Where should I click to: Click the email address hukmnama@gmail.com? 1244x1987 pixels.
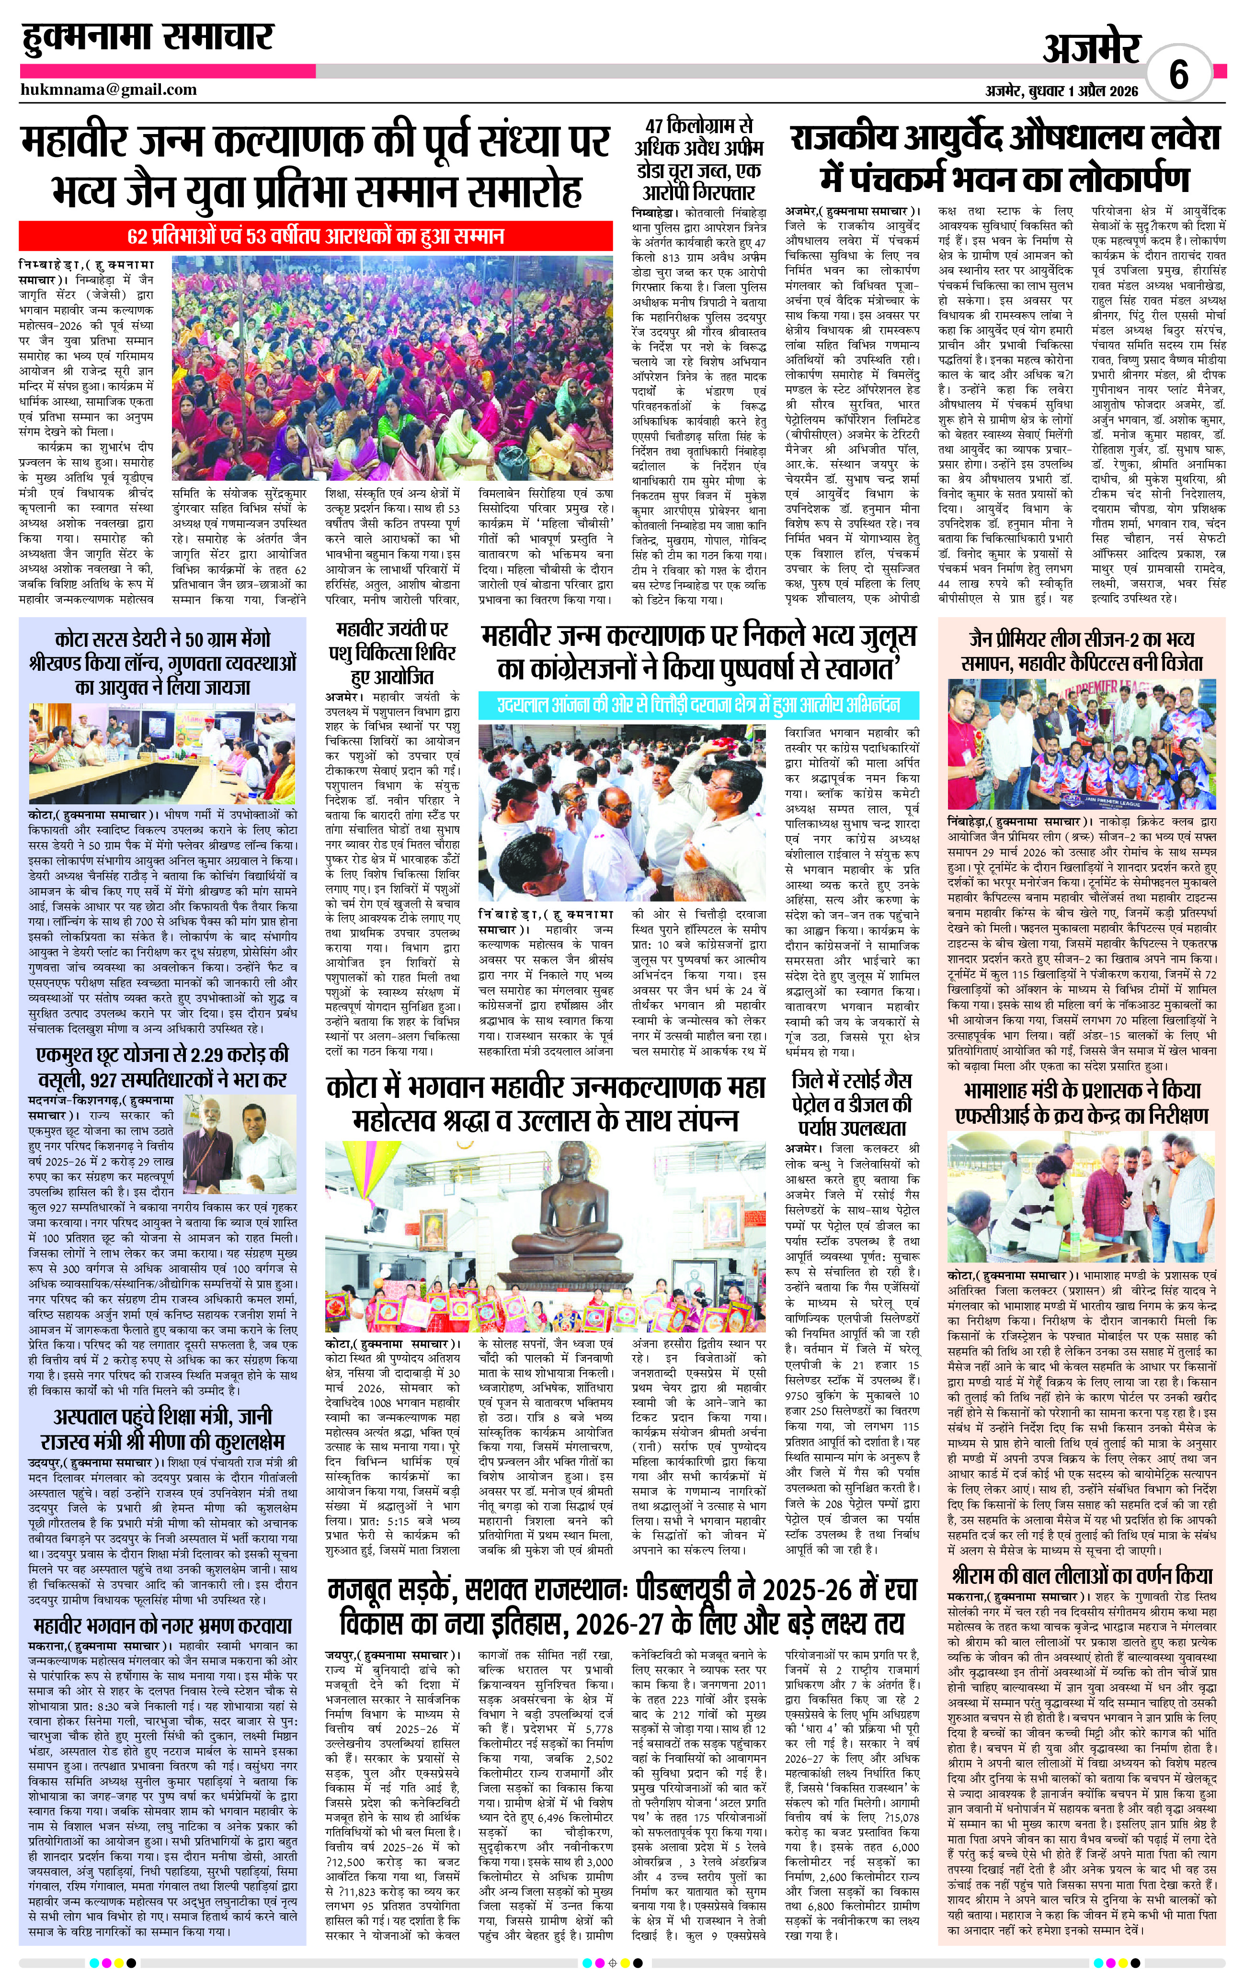(109, 90)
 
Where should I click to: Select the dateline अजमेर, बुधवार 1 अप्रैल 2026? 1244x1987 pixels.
(1061, 91)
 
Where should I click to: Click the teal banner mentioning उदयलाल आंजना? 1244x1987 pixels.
(698, 705)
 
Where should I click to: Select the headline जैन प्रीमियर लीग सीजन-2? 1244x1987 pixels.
(1082, 651)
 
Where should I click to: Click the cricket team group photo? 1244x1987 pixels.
(1082, 745)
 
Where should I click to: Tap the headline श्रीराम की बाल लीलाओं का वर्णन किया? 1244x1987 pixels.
(1082, 1575)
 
